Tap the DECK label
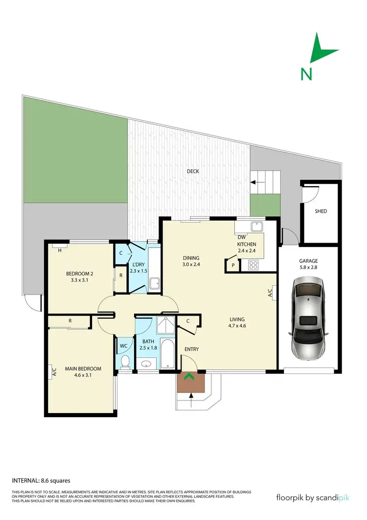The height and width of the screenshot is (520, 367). coord(193,171)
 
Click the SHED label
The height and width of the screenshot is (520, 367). coord(321,211)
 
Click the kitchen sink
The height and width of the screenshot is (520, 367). coord(256,227)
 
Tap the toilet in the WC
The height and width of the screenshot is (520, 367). coord(125,361)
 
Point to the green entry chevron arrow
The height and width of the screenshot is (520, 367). coord(189,377)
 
